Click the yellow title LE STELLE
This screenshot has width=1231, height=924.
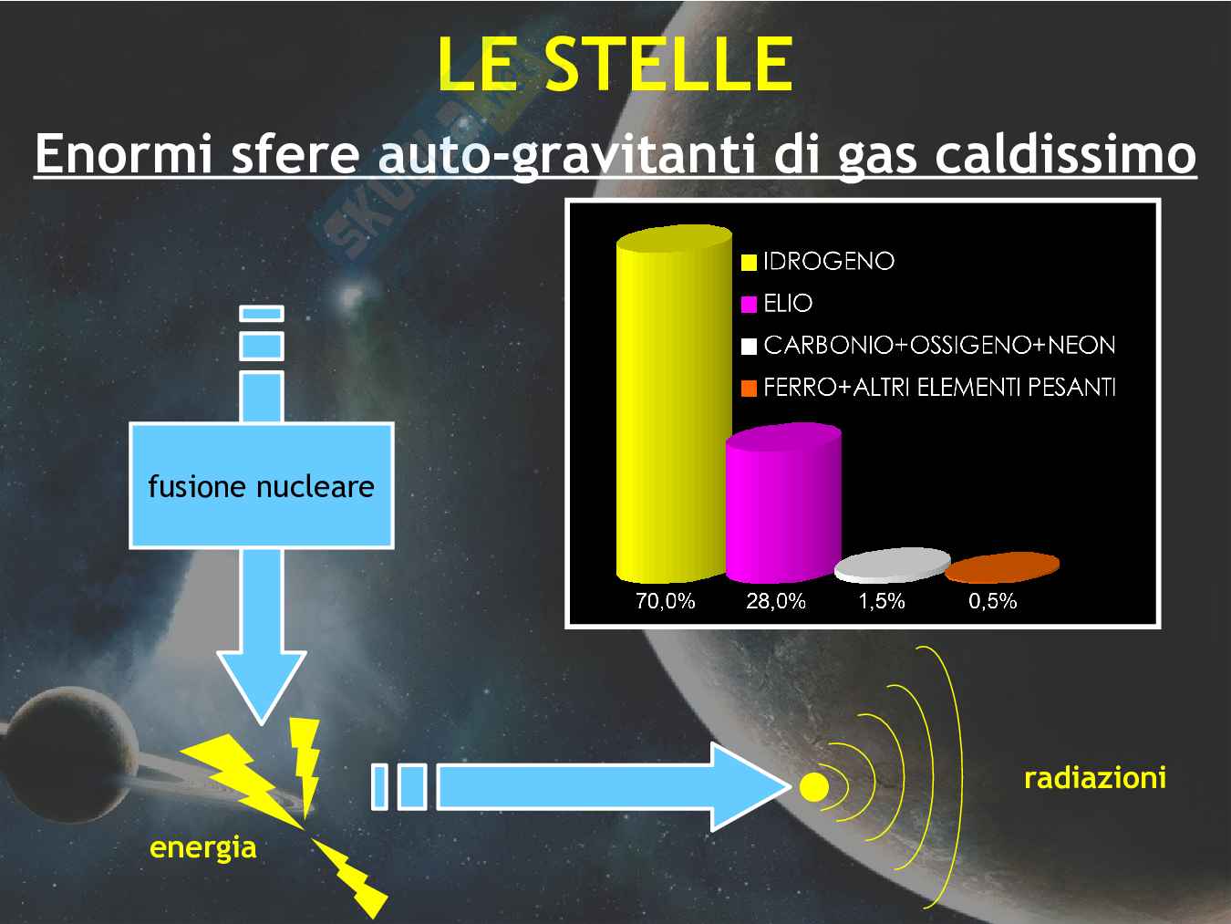(615, 63)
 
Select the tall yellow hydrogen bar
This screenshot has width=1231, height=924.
(674, 404)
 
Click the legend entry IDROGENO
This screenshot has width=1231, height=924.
(818, 262)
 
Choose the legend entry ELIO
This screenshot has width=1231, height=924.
(777, 304)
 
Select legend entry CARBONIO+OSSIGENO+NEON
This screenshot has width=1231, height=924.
(928, 346)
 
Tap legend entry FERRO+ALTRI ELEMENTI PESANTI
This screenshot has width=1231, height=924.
(928, 388)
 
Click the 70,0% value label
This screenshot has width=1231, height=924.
(665, 601)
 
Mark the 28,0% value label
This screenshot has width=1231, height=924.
(776, 601)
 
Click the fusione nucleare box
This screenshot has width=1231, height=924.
(262, 486)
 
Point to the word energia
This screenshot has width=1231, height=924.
(203, 847)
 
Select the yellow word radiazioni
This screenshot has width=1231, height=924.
(1095, 778)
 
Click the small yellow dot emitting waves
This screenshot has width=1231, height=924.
(813, 786)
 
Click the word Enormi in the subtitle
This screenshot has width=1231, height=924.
(124, 154)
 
